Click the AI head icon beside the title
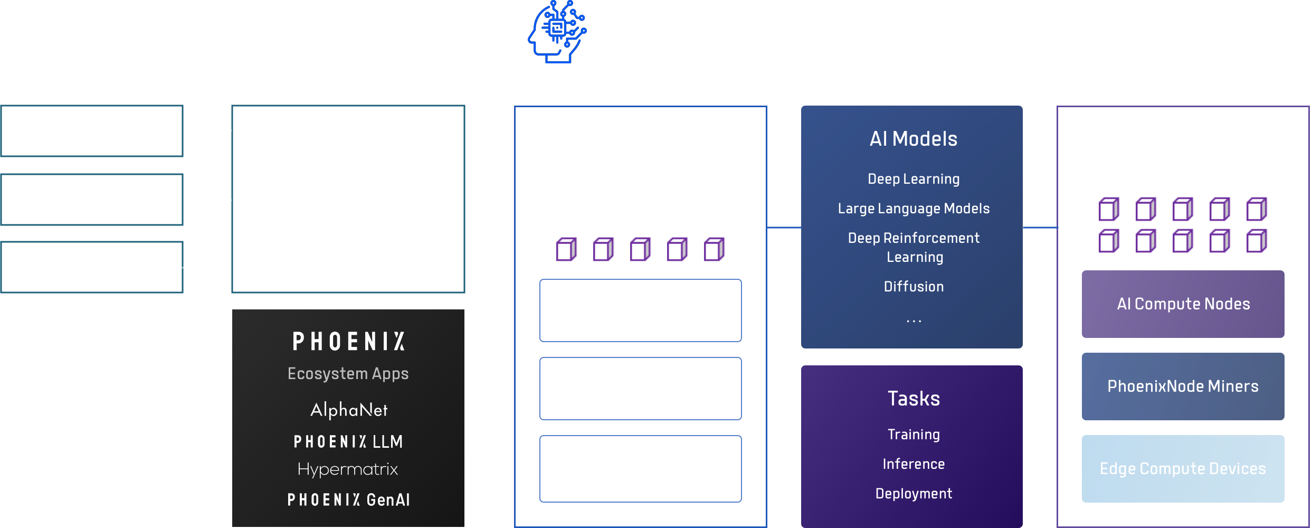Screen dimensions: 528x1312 point(556,32)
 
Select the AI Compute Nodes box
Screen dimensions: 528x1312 point(1183,304)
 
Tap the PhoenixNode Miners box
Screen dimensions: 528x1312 point(1183,386)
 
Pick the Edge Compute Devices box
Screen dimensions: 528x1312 point(1183,469)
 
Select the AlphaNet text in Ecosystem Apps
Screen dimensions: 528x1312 point(348,410)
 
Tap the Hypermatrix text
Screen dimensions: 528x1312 point(348,469)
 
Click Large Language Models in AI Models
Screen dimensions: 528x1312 point(914,209)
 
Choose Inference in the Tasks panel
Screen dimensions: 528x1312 point(914,464)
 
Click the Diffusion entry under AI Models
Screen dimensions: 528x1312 point(914,287)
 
